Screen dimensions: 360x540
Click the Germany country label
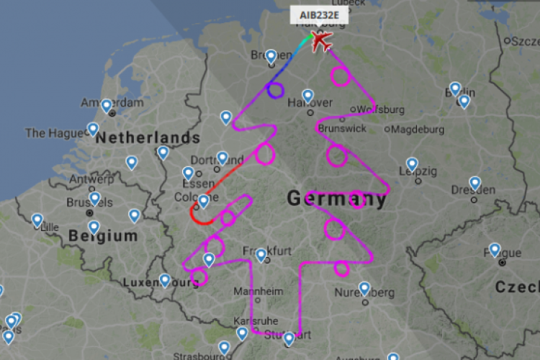pos(336,199)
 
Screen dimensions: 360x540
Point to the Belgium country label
pos(103,235)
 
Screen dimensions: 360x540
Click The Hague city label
pos(55,132)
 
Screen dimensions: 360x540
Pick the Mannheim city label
pos(258,292)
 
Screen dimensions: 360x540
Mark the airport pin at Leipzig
pos(412,164)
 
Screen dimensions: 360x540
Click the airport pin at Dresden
pos(475,183)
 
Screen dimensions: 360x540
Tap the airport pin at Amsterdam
pos(107,106)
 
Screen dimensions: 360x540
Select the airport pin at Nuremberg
pos(364,288)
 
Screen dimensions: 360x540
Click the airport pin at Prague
pos(495,249)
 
